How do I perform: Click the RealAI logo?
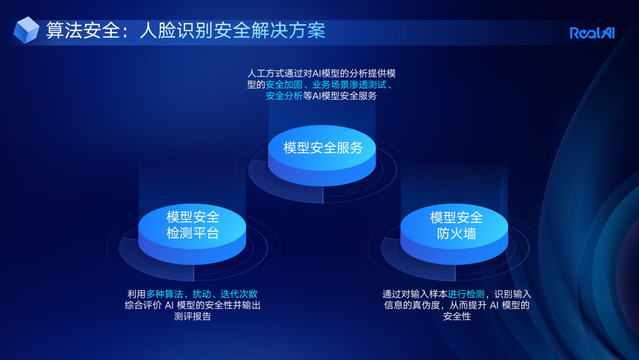click(x=592, y=33)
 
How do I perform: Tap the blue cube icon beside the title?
click(x=26, y=30)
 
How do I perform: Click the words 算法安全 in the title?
click(x=83, y=31)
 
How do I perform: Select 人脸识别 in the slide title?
click(x=176, y=31)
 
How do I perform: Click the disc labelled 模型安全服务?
click(x=322, y=155)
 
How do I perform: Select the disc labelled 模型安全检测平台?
click(x=192, y=234)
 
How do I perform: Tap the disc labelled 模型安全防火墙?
click(x=454, y=234)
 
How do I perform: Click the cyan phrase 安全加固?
click(x=284, y=85)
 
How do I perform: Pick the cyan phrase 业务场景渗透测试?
click(x=349, y=85)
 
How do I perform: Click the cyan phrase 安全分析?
click(x=284, y=96)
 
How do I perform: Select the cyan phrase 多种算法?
click(x=164, y=294)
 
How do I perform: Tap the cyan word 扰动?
click(x=202, y=294)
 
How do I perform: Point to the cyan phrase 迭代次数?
click(x=239, y=294)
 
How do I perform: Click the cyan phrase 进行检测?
click(x=466, y=294)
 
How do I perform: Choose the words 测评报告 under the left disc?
click(x=192, y=316)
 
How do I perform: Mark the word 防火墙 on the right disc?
click(x=456, y=234)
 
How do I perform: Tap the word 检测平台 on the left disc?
click(x=193, y=233)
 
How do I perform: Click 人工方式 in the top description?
click(x=266, y=73)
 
